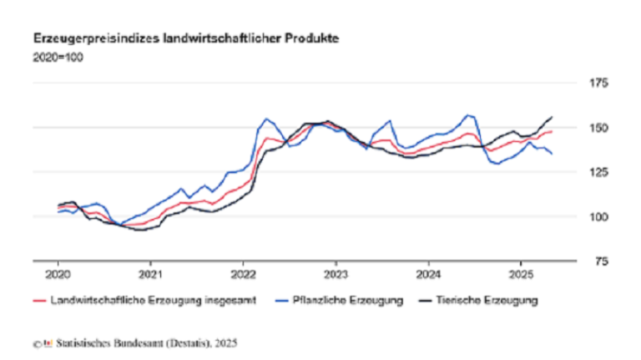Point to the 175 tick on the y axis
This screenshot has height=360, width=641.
coord(599,84)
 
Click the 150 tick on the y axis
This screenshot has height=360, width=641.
coord(599,128)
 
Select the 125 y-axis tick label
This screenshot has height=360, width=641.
coord(599,172)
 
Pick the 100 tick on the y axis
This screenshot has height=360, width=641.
coord(599,216)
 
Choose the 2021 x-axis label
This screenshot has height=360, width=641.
coord(151,274)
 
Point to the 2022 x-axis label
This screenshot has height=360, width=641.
coord(244,274)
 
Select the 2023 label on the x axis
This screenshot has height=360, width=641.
coord(336,274)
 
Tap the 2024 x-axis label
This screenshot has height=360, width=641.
coord(429,274)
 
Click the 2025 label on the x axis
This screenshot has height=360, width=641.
coord(522,274)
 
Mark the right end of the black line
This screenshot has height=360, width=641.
coord(552,117)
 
